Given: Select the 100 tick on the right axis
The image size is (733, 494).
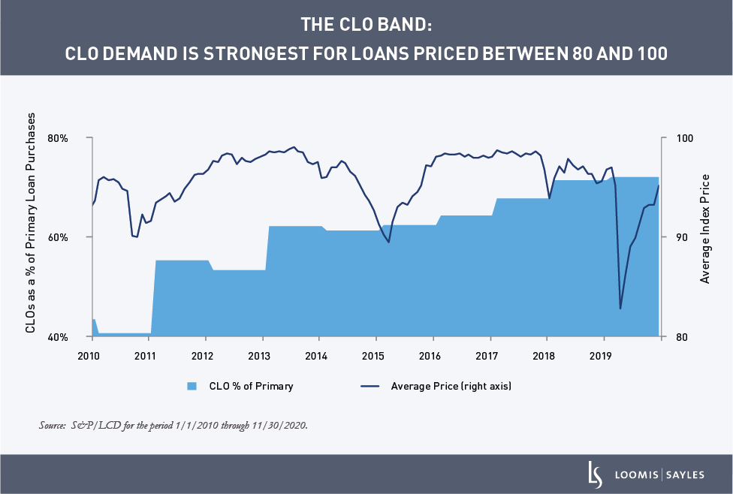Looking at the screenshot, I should point(677,138).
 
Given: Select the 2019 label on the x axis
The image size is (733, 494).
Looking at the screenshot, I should point(602,354).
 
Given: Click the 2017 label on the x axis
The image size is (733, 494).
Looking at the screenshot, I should point(488,354).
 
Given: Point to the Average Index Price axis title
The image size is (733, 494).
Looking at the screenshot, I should point(704,228).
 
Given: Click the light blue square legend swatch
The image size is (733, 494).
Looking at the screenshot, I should point(192,387).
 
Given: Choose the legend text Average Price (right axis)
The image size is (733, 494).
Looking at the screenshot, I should point(451,387).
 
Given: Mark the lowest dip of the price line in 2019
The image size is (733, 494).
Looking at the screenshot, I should point(620,309).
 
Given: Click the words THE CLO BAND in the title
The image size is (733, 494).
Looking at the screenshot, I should point(366,24).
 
